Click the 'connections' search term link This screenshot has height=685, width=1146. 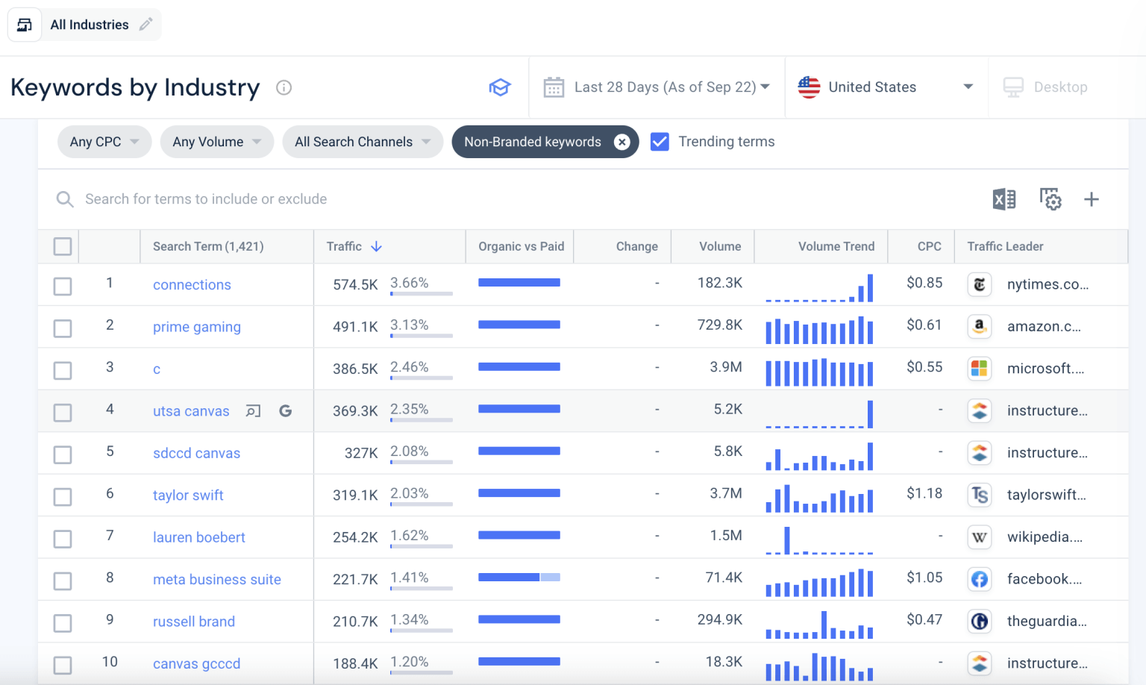pos(192,285)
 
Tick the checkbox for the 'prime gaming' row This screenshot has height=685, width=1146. pos(63,328)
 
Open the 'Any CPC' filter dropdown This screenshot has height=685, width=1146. pos(104,142)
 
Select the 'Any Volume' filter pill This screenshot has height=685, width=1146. pos(216,142)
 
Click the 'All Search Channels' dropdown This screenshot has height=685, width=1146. pos(363,142)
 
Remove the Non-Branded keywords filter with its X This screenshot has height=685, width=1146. pos(621,142)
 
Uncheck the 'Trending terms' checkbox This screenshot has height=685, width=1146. pos(660,142)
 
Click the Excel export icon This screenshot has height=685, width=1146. pos(1004,199)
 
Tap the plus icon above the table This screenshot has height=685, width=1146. pos(1091,199)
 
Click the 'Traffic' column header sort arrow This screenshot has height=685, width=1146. pos(377,246)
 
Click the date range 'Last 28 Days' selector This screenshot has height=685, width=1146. pos(657,87)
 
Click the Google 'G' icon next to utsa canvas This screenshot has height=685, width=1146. pos(285,411)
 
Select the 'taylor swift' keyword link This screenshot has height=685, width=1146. pos(188,495)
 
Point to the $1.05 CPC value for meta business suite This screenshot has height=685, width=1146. pos(924,578)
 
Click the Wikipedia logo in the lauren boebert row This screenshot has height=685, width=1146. pos(979,537)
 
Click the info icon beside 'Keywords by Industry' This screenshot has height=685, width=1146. pos(284,87)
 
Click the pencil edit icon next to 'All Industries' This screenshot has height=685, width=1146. pos(146,25)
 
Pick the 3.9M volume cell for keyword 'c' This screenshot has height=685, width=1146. pos(725,367)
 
